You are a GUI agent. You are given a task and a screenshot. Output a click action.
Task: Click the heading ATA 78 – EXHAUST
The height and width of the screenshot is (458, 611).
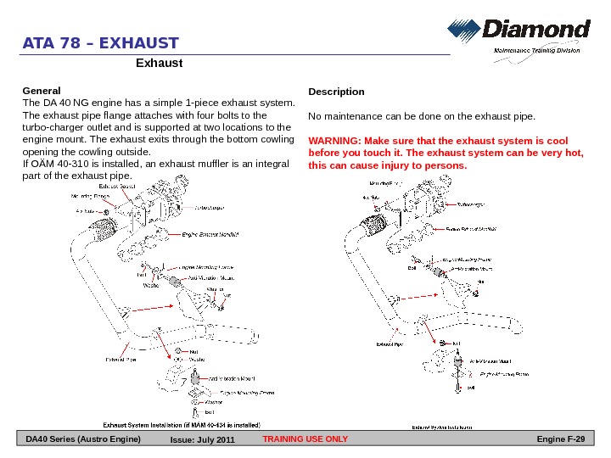[101, 43]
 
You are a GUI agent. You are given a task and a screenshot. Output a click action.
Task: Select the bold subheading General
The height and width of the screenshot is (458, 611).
[41, 89]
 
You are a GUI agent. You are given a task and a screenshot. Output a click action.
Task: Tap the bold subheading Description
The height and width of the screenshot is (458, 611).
[337, 92]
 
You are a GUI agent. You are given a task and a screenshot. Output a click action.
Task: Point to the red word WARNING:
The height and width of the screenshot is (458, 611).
[334, 140]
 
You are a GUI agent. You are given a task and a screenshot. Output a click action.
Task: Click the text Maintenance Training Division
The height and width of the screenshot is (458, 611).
[537, 51]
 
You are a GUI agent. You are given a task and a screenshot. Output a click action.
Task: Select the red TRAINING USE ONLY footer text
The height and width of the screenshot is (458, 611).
[305, 438]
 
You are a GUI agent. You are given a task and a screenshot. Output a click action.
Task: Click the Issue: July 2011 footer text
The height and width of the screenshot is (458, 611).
[202, 440]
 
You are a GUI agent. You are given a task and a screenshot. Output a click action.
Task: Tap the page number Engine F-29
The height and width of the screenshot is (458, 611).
[562, 438]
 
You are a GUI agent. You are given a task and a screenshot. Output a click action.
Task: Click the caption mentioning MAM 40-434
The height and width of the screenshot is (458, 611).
[182, 423]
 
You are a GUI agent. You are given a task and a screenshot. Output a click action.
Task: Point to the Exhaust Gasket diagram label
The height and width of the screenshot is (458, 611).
[117, 185]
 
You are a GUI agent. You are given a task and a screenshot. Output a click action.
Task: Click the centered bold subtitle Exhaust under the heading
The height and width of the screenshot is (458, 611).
[159, 63]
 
